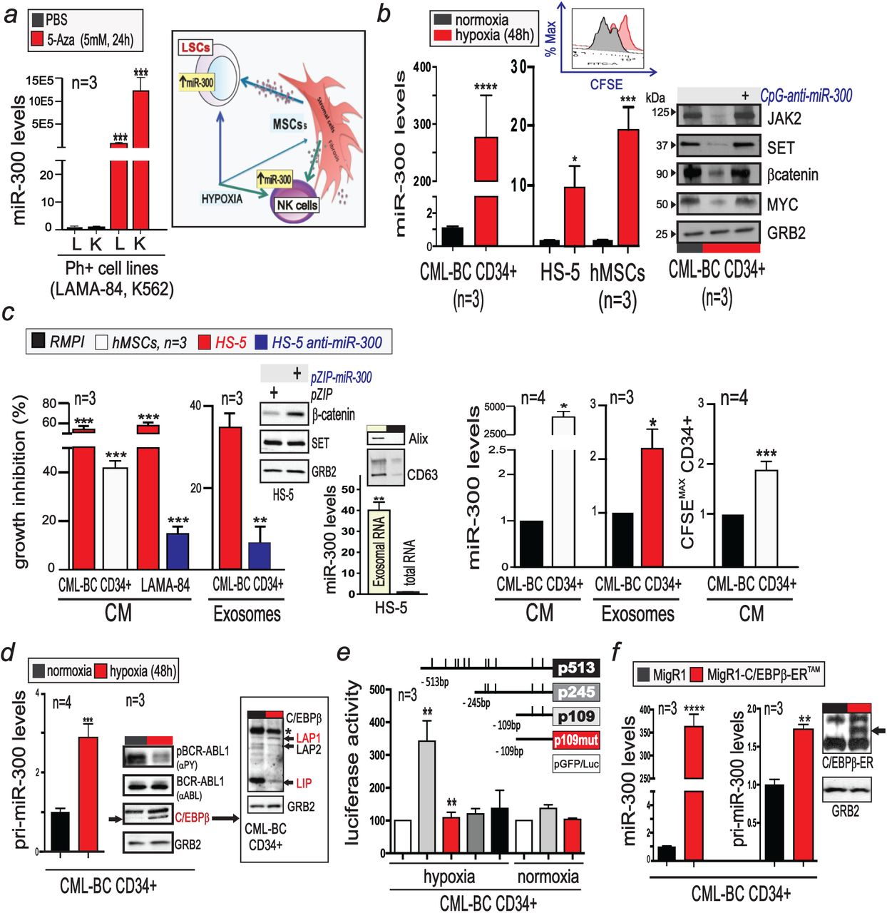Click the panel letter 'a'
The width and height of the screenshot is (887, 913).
pos(11,14)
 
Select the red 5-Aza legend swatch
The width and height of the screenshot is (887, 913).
pos(38,40)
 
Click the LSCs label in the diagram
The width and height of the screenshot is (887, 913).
pos(195,48)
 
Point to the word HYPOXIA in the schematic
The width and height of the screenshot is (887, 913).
pos(222,198)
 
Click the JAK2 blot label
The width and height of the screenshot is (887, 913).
pos(784,118)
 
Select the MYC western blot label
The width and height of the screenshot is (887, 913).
pos(782,205)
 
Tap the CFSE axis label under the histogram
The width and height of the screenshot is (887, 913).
pos(605,84)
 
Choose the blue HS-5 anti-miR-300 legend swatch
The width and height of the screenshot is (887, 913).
pos(260,342)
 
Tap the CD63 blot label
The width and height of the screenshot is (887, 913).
pos(422,474)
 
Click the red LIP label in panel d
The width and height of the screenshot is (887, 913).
pos(304,783)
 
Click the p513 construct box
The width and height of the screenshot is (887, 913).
pos(576,668)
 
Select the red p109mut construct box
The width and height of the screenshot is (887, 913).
pos(576,740)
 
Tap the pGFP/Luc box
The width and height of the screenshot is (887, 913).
pos(576,764)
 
